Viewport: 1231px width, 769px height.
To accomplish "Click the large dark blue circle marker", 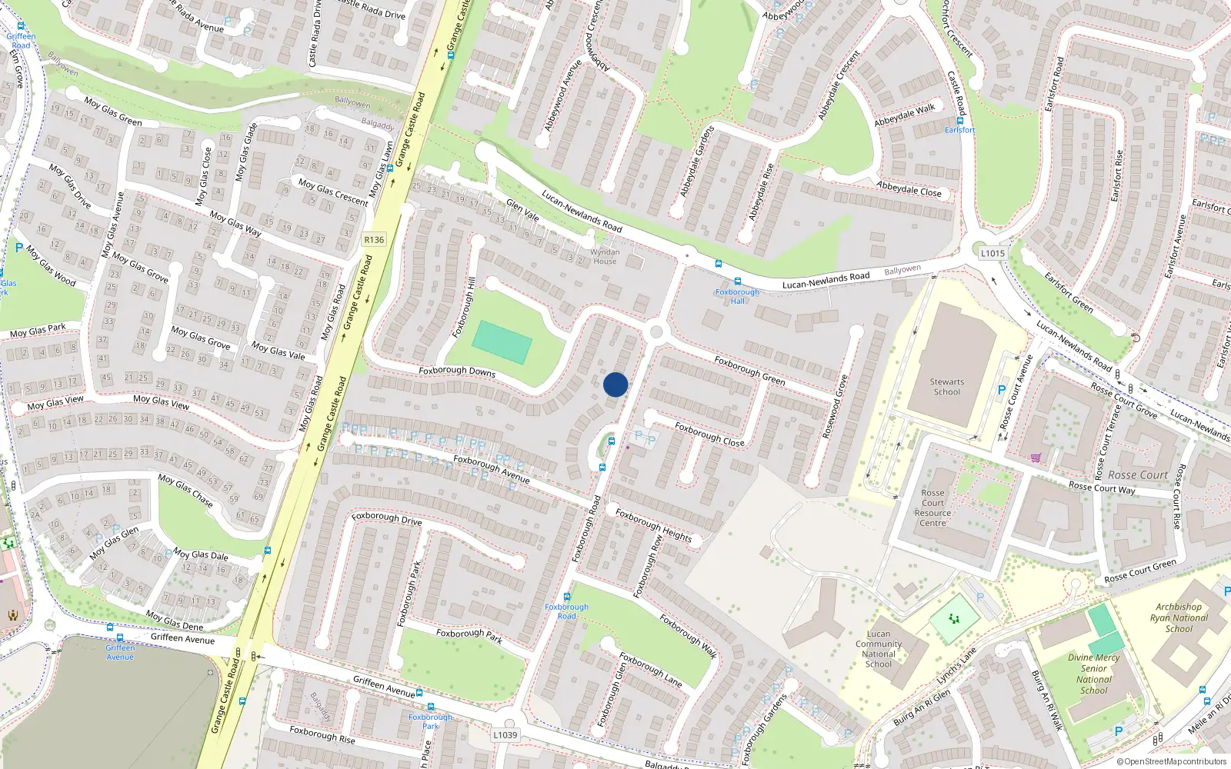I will pos(615,384).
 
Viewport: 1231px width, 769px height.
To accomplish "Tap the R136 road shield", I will pos(374,240).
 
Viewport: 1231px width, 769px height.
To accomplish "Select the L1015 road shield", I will pos(992,253).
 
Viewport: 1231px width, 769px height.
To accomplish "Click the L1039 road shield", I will pos(505,735).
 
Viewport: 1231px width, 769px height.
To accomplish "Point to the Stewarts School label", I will pos(946,387).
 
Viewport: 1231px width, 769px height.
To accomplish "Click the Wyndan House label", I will pos(605,257).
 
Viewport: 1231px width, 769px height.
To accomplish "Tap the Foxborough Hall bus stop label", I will pos(737,296).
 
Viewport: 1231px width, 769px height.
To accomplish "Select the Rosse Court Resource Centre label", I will pos(932,508).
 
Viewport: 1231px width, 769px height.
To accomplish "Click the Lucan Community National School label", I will pos(879,649).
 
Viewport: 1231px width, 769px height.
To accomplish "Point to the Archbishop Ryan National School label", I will pos(1179,618).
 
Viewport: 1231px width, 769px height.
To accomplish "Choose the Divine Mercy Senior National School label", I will pos(1093,674).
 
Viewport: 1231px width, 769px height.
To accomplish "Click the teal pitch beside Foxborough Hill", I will pos(502,342).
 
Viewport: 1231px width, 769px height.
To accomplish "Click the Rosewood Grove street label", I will pos(835,407).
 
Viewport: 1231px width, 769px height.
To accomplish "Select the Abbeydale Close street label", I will pos(909,189).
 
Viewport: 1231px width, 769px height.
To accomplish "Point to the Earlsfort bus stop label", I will pos(959,130).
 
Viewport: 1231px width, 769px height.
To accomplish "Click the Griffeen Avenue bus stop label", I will pos(120,652).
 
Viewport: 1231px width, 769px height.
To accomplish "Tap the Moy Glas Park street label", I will pos(38,331).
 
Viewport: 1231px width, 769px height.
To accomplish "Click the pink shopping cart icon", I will pos(1036,458).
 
